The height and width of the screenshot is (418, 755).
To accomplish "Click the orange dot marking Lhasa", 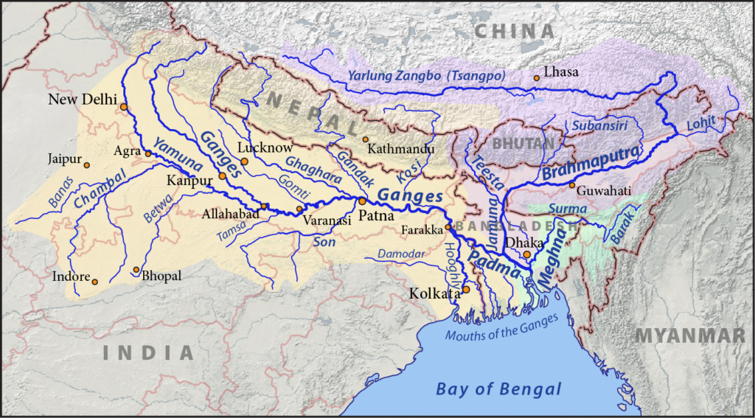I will click(536, 77).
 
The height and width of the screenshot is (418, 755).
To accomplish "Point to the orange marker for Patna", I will click(362, 201).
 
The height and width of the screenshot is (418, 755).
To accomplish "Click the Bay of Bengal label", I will click(498, 389).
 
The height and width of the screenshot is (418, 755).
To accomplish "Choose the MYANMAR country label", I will click(690, 335).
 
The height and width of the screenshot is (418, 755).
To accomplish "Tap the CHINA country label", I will click(514, 31).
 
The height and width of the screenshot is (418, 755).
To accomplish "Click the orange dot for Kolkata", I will click(465, 290).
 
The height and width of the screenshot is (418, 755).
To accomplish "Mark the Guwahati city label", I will click(605, 190).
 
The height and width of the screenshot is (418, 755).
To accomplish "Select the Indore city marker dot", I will click(94, 281).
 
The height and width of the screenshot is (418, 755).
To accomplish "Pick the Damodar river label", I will click(399, 254).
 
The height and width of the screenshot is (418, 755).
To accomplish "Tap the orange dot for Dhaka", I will click(526, 254).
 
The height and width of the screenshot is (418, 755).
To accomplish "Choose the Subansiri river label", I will click(594, 126).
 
